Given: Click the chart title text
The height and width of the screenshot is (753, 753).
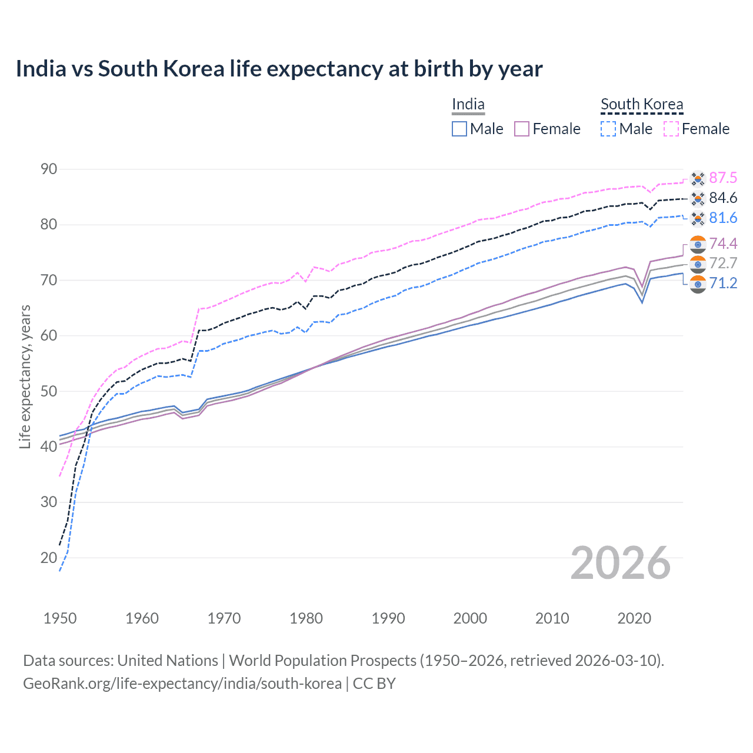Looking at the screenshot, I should [x=279, y=69].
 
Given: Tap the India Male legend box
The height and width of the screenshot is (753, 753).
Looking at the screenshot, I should [x=459, y=129].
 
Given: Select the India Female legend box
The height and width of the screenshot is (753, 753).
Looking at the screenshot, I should [x=522, y=129].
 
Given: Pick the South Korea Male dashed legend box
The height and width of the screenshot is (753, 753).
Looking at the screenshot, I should [x=608, y=129].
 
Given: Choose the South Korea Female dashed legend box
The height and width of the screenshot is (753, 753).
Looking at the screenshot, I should [x=671, y=129].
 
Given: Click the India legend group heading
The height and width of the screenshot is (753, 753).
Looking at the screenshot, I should [x=468, y=104].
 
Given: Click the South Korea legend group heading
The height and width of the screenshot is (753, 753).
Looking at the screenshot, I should [x=642, y=104].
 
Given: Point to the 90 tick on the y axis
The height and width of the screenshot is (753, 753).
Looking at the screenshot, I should [x=49, y=169].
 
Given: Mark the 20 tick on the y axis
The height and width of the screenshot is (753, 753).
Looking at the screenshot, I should [x=49, y=558].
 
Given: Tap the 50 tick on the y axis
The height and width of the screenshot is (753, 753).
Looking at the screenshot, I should [x=49, y=391].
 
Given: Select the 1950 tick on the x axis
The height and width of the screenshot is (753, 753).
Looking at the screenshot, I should [x=60, y=618].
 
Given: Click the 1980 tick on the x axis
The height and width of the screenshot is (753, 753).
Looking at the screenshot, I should [x=306, y=618].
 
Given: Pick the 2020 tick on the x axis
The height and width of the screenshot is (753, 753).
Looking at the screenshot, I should [x=634, y=618].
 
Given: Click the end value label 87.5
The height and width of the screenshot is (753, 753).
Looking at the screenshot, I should [x=723, y=178].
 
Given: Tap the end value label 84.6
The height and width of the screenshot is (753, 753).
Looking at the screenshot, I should [x=723, y=198].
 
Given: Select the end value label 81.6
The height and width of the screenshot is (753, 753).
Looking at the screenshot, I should [x=723, y=218].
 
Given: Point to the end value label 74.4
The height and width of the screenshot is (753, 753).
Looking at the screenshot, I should [x=723, y=244].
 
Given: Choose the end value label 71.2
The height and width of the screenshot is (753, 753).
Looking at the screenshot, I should [x=723, y=284].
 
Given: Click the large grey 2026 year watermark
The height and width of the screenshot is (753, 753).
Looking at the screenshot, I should [x=621, y=563].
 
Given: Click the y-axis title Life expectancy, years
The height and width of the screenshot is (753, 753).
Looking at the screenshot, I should [x=25, y=376].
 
